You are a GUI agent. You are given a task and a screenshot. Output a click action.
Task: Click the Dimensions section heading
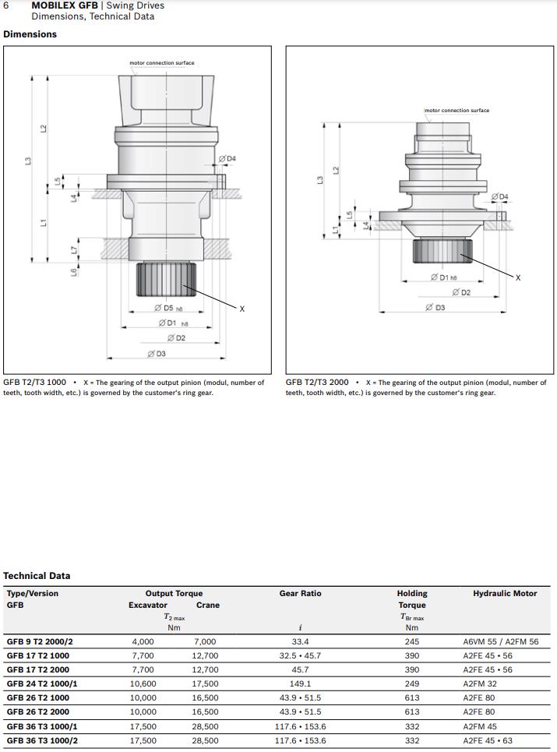tap(30, 34)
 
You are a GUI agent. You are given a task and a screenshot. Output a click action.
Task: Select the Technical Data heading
tap(37, 576)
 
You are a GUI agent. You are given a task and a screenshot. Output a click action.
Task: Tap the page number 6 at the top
tap(6, 5)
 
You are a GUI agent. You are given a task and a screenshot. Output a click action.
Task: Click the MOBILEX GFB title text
tap(65, 5)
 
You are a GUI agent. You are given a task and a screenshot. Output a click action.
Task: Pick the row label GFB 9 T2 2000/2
tap(40, 641)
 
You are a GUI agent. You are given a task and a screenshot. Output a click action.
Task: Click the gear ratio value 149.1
tap(300, 683)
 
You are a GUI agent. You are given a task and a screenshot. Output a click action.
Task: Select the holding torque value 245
tap(411, 641)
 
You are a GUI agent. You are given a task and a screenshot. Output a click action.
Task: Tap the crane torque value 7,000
tap(205, 641)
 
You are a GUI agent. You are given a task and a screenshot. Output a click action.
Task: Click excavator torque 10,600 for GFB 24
tap(143, 683)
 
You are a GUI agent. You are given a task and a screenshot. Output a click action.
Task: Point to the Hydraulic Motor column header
tap(505, 593)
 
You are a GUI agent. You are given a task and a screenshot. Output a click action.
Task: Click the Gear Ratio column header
tap(300, 593)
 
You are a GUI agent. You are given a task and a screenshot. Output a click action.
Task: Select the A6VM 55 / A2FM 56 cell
tap(500, 641)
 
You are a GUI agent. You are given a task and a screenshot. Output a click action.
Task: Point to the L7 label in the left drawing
tap(75, 250)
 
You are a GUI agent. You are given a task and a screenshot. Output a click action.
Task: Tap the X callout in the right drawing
tap(518, 277)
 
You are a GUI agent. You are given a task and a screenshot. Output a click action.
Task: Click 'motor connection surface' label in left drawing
tap(162, 63)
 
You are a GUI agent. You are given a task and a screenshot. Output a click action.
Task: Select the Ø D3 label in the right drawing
tap(435, 308)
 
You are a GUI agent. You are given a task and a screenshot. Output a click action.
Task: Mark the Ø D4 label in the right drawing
tap(499, 196)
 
